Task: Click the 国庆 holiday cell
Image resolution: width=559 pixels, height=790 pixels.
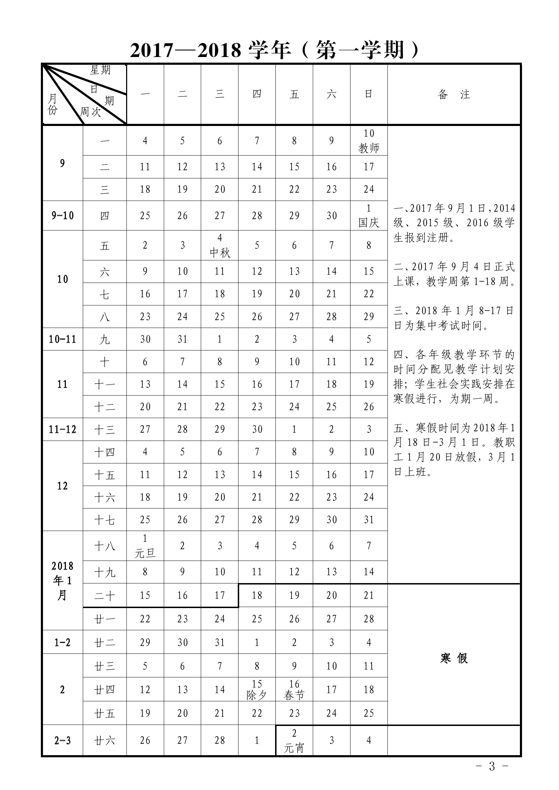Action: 368,216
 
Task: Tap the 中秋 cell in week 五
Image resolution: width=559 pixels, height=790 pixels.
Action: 219,245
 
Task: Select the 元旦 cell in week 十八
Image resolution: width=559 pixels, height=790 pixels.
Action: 145,546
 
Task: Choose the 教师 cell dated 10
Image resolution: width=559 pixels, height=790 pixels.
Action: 368,140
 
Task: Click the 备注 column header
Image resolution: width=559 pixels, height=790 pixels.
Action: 454,94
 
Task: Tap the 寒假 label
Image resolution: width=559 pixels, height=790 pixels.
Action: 454,658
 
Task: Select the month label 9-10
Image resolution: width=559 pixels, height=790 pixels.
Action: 62,216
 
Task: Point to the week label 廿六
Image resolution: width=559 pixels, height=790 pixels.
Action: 105,741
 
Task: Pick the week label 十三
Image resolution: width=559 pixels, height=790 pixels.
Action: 105,430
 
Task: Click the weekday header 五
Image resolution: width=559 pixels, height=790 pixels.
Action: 294,94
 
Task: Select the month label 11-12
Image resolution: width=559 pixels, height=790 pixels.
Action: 62,429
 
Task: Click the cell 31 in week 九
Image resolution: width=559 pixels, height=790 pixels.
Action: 182,339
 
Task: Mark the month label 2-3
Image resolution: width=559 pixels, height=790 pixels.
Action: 62,741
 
